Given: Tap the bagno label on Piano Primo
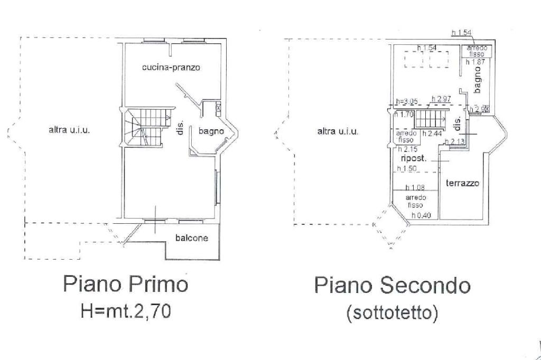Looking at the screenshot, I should (x=211, y=131).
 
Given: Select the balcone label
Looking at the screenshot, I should (x=191, y=238).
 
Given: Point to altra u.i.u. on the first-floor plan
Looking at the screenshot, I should (x=69, y=129).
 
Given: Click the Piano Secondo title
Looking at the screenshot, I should (x=392, y=286).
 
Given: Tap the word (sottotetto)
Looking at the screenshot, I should (x=392, y=314).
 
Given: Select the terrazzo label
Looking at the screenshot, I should (x=462, y=184).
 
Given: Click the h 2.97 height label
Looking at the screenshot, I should (x=441, y=99).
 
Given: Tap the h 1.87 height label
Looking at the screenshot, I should (x=475, y=62).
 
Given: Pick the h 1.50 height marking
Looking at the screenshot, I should (x=407, y=168).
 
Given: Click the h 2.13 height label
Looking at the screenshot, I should (x=455, y=141).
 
